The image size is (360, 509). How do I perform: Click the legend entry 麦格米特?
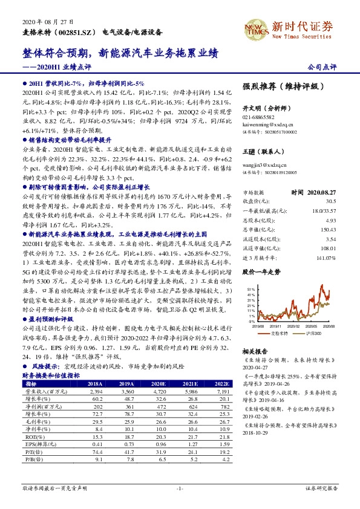279,332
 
